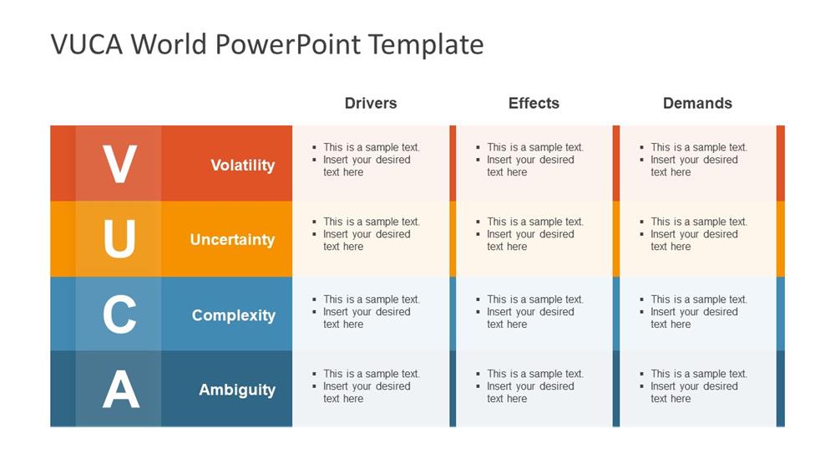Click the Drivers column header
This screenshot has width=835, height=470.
[371, 103]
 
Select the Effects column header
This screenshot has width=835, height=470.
[534, 103]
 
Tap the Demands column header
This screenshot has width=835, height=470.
[697, 103]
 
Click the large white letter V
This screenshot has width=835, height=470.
[119, 164]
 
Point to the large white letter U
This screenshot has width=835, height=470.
[119, 238]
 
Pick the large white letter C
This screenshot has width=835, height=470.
[119, 314]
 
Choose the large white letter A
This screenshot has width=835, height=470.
[121, 389]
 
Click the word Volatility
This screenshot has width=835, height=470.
[243, 166]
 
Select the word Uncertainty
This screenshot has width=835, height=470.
[232, 239]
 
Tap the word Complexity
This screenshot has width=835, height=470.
[234, 315]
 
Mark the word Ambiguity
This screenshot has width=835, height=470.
[237, 390]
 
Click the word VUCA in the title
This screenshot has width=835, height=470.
[87, 44]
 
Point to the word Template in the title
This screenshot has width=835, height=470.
[426, 44]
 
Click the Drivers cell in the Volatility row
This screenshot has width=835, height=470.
[371, 163]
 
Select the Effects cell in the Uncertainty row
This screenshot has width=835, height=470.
[534, 239]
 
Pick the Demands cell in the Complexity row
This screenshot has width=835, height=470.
[698, 314]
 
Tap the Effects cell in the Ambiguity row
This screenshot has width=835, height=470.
[534, 388]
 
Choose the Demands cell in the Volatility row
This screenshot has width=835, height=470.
[698, 163]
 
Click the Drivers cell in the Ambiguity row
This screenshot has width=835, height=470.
[371, 388]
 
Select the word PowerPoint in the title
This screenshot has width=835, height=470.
[288, 44]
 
